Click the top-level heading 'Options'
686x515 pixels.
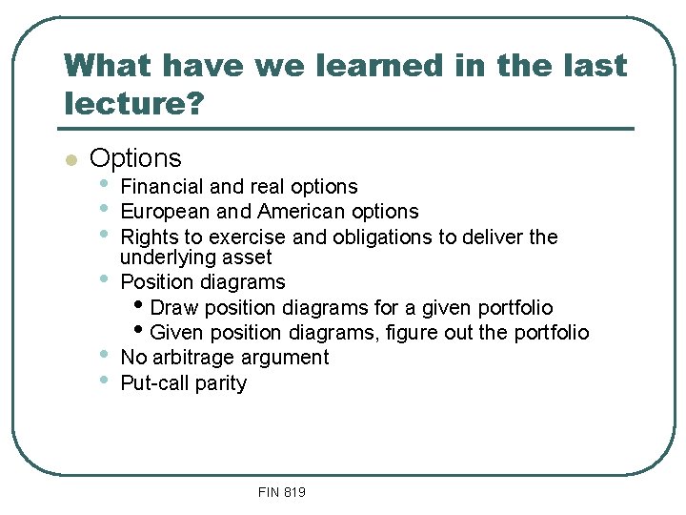135,158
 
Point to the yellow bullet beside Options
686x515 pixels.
70,160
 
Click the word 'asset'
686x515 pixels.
247,257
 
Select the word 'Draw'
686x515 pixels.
171,308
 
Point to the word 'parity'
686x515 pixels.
224,383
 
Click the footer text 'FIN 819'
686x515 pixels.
281,492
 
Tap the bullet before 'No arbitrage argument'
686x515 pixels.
103,356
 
